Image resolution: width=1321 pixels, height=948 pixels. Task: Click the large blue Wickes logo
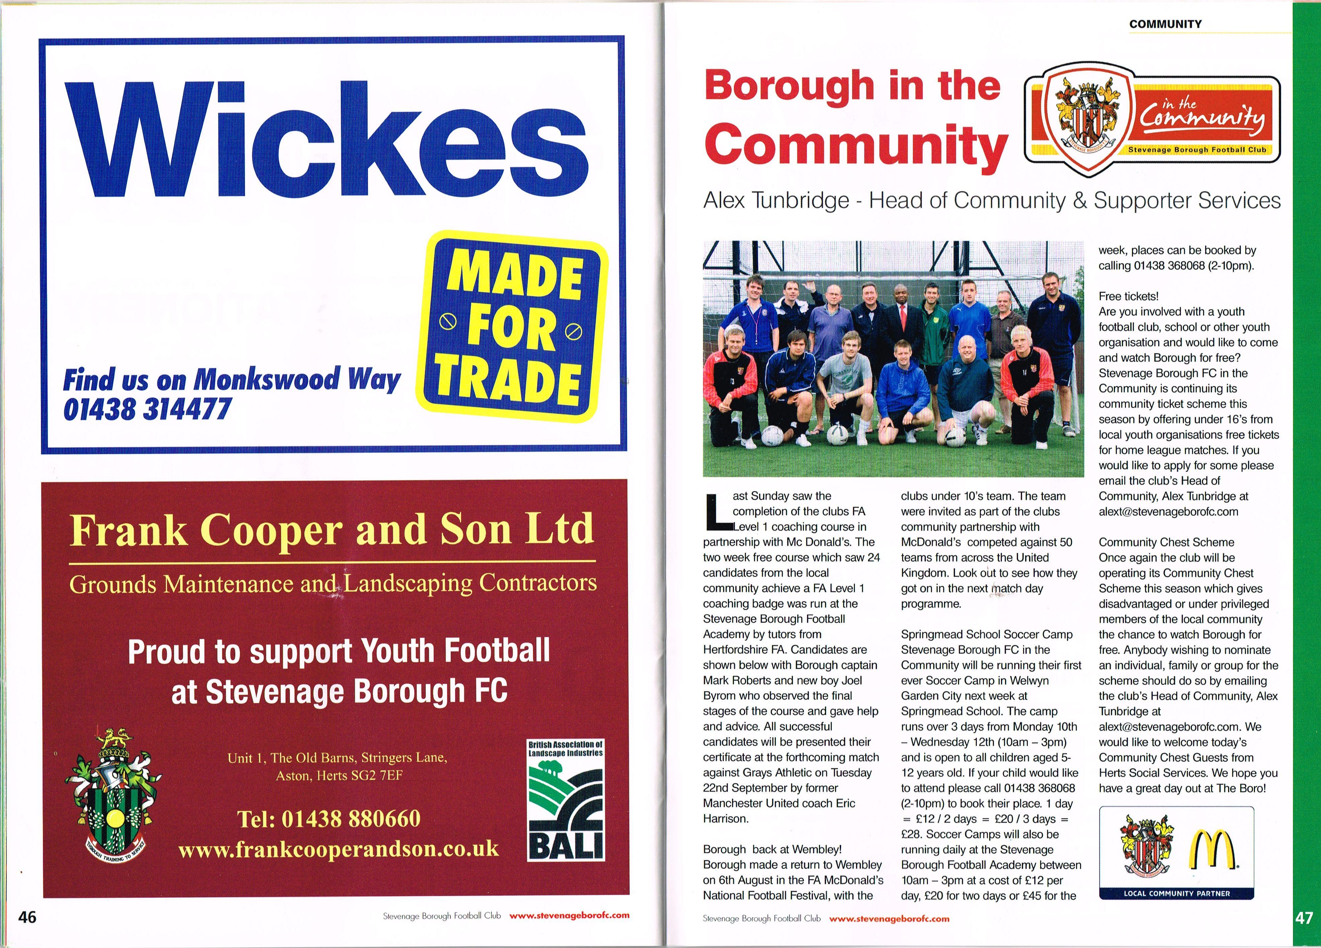[326, 140]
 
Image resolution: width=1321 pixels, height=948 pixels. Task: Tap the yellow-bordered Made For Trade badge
[513, 326]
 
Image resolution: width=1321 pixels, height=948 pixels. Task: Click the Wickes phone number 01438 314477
[147, 409]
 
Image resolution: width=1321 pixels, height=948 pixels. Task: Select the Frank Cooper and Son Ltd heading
[332, 529]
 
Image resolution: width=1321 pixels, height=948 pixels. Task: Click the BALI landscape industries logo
[566, 800]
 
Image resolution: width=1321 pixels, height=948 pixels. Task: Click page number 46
[27, 917]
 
